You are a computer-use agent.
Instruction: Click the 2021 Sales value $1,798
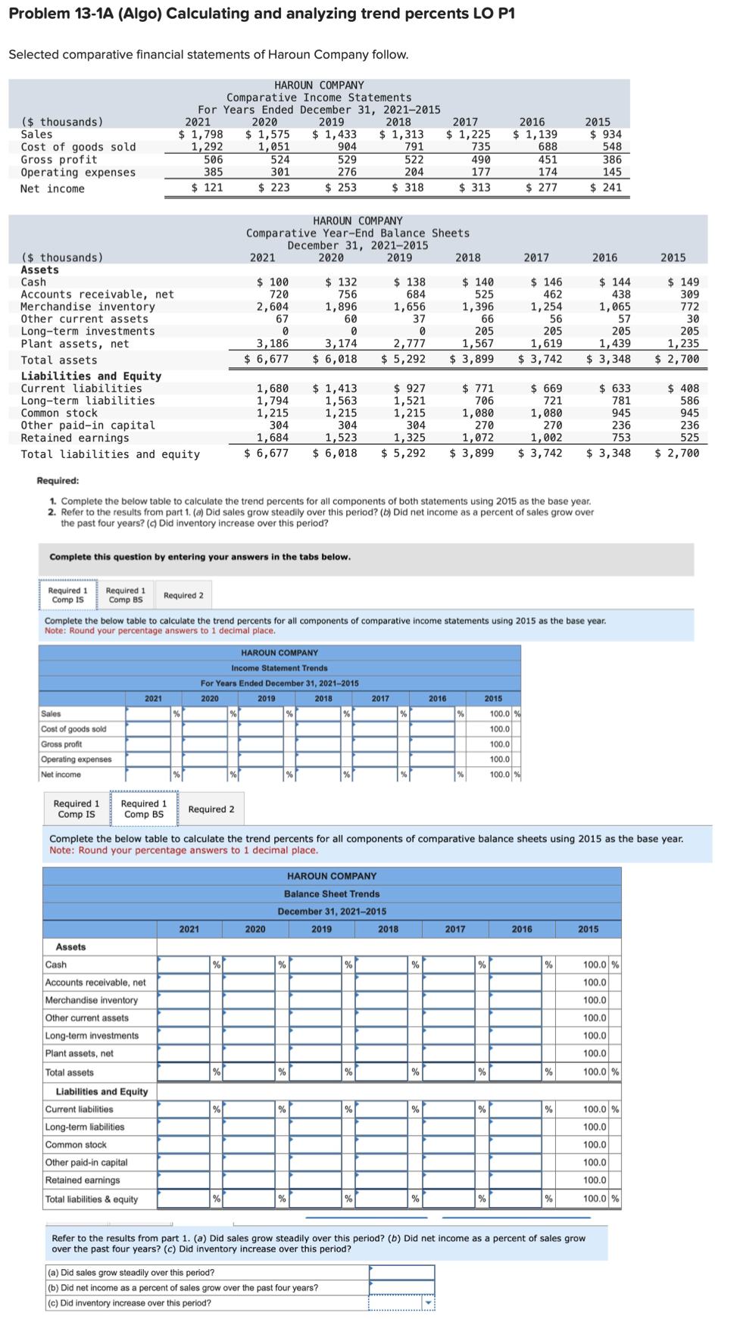(x=201, y=134)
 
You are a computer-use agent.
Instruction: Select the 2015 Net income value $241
(x=606, y=187)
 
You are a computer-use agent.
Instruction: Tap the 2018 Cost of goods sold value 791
(x=414, y=147)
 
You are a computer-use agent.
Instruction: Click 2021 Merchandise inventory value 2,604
(x=272, y=307)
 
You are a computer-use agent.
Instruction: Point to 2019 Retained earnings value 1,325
(x=409, y=438)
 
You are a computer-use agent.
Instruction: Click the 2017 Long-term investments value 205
(x=553, y=331)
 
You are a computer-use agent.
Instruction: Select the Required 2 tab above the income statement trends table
(x=183, y=595)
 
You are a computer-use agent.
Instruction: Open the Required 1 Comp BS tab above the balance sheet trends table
(x=144, y=809)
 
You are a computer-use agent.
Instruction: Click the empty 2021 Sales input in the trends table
(x=148, y=713)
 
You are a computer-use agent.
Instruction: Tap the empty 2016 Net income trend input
(x=432, y=774)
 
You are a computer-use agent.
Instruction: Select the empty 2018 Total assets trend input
(x=382, y=1072)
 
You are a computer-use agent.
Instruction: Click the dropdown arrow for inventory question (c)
(x=429, y=1303)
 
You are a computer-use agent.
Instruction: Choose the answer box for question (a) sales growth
(x=401, y=1272)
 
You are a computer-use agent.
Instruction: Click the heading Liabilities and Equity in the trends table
(x=101, y=1091)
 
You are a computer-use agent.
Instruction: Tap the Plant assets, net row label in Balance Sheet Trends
(x=80, y=1053)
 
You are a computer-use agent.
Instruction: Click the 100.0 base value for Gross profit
(x=499, y=744)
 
